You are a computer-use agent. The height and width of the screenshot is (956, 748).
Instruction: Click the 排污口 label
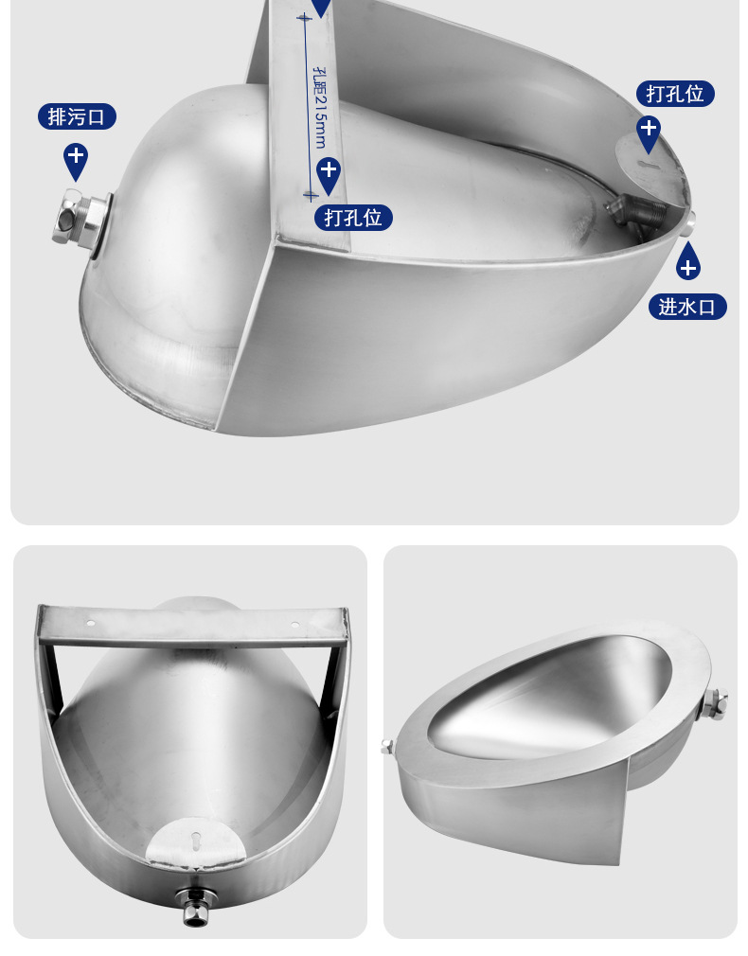77,116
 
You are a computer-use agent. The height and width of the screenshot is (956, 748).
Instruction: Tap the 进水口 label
687,307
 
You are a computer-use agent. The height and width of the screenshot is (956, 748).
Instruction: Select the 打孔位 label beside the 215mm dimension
353,218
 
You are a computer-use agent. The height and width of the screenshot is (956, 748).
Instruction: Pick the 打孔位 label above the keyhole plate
675,94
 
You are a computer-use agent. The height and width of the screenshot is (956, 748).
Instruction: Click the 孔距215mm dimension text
319,108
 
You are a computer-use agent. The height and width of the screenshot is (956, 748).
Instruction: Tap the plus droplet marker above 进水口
688,261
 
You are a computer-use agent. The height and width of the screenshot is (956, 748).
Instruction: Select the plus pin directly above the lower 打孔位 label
329,176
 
